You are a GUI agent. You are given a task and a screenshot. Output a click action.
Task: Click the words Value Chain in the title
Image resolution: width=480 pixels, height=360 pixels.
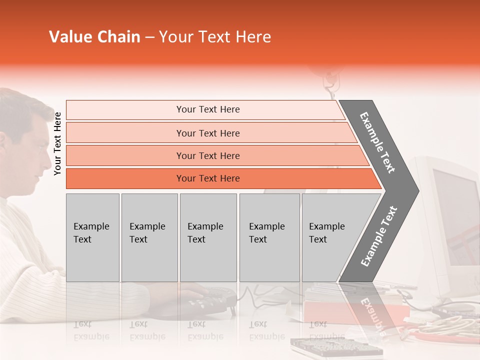point(94,37)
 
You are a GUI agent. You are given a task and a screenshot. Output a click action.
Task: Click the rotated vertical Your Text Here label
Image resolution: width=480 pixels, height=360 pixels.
point(57,143)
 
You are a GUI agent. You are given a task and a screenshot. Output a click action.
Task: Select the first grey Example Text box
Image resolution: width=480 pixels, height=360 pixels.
point(92,237)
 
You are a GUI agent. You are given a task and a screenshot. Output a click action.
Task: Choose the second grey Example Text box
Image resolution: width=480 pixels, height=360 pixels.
point(149,237)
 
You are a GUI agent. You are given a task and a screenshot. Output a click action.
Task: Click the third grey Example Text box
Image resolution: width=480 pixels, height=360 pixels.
point(208,237)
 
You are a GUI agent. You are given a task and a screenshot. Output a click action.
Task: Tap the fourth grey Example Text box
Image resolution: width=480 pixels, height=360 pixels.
point(269,237)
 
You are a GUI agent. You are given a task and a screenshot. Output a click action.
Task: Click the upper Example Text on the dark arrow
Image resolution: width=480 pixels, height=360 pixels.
point(377,142)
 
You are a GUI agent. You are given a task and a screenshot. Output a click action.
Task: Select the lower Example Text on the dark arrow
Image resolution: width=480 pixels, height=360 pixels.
point(378,236)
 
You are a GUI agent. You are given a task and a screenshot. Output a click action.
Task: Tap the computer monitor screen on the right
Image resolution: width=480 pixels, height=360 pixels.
point(455,215)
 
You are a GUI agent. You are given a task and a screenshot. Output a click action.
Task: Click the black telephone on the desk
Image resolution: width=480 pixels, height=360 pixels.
point(210,300)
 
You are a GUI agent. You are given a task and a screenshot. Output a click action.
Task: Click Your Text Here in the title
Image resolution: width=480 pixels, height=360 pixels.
point(215,37)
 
